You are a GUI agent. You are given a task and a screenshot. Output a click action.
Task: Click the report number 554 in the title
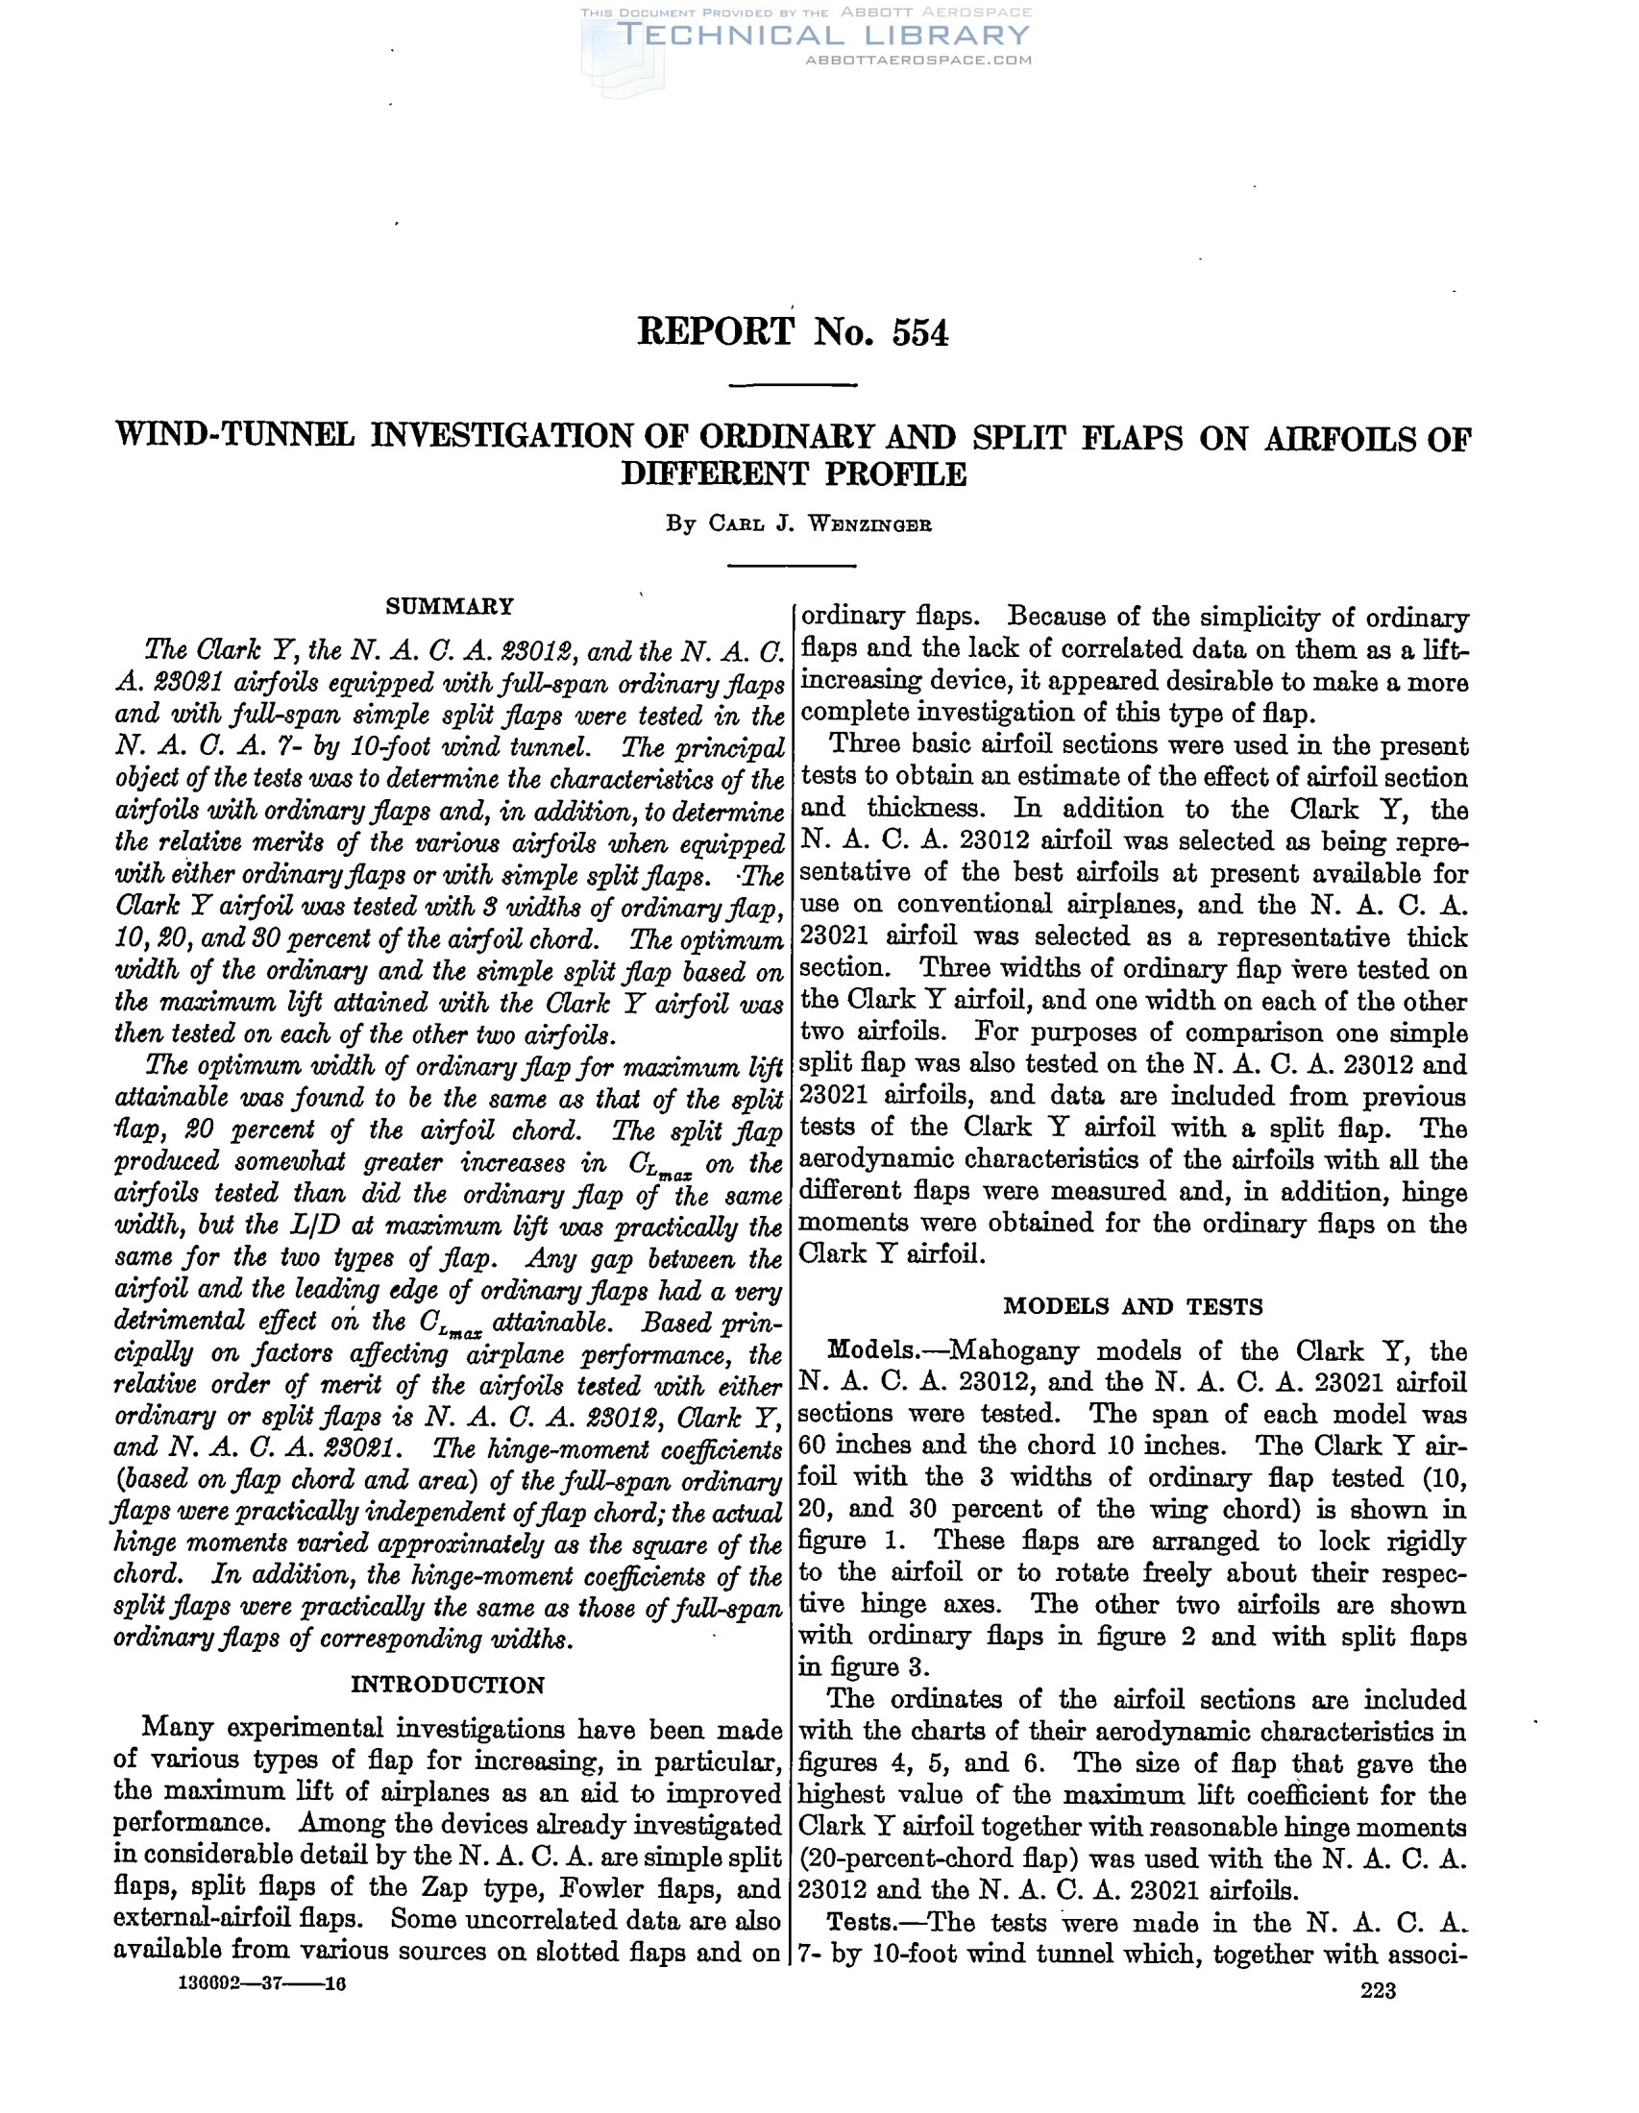coord(919,333)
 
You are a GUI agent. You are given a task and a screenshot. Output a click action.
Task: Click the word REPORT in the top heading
coord(715,333)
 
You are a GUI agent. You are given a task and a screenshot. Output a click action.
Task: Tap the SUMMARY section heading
coord(449,607)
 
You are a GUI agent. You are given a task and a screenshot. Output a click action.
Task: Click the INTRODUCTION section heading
coord(447,1685)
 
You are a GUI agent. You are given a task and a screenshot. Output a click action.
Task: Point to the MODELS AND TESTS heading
coord(1133,1307)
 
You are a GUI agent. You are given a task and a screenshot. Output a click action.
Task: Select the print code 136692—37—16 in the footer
coord(262,1984)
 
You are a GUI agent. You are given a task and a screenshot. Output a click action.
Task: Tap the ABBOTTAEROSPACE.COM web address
coord(918,60)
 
